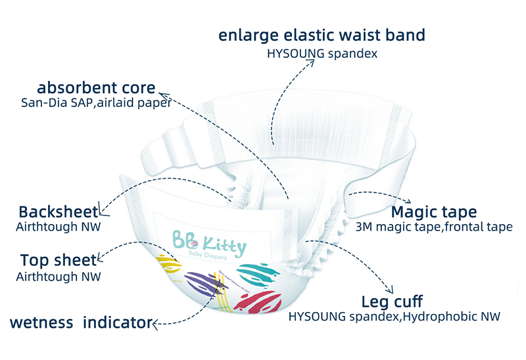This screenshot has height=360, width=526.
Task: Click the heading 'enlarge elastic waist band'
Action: [322, 35]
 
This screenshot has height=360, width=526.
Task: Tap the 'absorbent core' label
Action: [97, 87]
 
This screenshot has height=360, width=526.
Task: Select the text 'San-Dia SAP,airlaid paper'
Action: [96, 102]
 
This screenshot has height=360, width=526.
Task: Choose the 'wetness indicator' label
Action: [80, 323]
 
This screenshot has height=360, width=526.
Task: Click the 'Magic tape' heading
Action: [434, 212]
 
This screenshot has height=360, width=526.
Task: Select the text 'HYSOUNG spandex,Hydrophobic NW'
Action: [394, 317]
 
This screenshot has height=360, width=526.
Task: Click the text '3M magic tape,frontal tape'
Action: [433, 227]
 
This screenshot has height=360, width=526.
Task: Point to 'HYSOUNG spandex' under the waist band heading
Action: [322, 54]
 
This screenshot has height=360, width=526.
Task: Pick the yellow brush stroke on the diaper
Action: [170, 266]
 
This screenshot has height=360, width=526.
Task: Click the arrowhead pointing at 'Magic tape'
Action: [407, 202]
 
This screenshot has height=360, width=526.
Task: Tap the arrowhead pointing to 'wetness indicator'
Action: [156, 323]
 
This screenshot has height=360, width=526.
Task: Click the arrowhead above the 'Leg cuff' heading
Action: [391, 290]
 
